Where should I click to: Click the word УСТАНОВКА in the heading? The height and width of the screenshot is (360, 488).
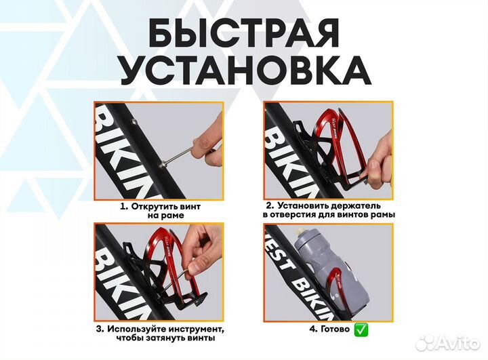click(x=243, y=71)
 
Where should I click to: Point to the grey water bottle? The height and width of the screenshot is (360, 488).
click(x=319, y=271)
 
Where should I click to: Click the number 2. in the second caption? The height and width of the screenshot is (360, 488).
click(x=270, y=205)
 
